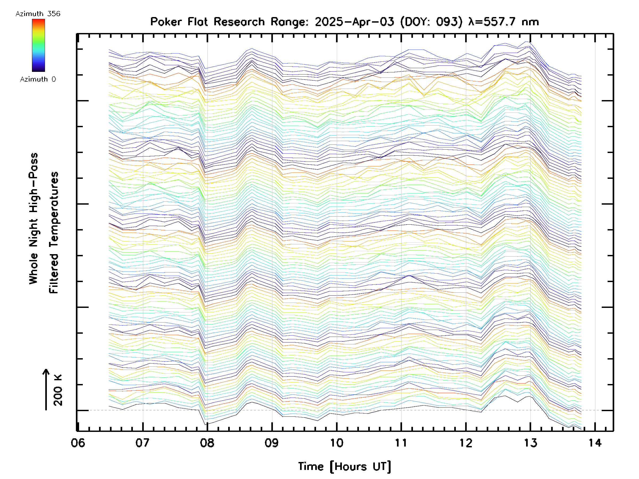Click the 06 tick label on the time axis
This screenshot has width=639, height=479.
(x=78, y=443)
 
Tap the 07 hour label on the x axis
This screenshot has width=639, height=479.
(x=142, y=443)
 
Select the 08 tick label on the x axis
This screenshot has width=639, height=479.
(x=207, y=443)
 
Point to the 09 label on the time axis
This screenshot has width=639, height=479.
(x=272, y=443)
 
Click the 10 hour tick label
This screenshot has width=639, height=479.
(x=337, y=443)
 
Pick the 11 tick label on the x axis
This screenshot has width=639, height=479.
(x=401, y=443)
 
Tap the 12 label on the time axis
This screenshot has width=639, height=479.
(x=466, y=443)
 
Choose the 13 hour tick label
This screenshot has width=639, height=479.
(x=530, y=443)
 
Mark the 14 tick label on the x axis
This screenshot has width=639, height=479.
(x=595, y=443)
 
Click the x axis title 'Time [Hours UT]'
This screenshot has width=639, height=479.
(x=344, y=466)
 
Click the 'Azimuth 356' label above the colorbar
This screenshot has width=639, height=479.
(x=38, y=14)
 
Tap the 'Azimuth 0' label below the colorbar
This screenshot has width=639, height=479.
(x=38, y=79)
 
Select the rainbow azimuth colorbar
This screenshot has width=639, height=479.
(x=38, y=45)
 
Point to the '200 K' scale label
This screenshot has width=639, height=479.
(x=58, y=390)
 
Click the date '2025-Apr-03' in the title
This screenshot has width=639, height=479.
(x=354, y=22)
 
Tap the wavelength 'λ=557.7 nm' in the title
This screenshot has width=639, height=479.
(x=503, y=22)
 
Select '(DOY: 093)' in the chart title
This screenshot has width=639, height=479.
(x=431, y=22)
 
